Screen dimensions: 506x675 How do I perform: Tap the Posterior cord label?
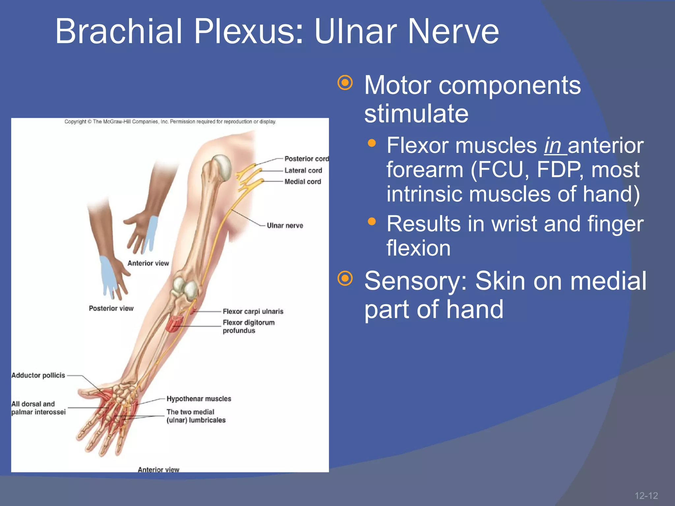(307, 159)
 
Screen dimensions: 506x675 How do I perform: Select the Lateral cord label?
(303, 170)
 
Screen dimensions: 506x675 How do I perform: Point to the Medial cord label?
(303, 182)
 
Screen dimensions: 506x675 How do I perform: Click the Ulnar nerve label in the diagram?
(285, 226)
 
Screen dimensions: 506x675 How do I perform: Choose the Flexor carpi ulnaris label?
(253, 311)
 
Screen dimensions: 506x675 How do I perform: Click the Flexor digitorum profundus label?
(248, 326)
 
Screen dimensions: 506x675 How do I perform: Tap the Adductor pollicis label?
(38, 375)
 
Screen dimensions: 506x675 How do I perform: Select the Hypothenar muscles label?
(199, 399)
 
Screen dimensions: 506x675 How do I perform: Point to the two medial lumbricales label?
(196, 416)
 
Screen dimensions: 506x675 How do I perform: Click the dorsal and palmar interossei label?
(38, 408)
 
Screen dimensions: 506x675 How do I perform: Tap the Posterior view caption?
(111, 308)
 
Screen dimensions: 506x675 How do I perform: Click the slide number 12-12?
(646, 495)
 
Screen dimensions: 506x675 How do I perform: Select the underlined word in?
(553, 146)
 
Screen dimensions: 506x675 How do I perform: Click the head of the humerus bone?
(221, 167)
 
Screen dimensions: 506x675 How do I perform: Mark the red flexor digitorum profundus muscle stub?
(174, 323)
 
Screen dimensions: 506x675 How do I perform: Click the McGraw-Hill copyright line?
(170, 122)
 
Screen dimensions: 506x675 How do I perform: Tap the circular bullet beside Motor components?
(345, 83)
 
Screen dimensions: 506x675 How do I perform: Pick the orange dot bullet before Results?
(372, 221)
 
